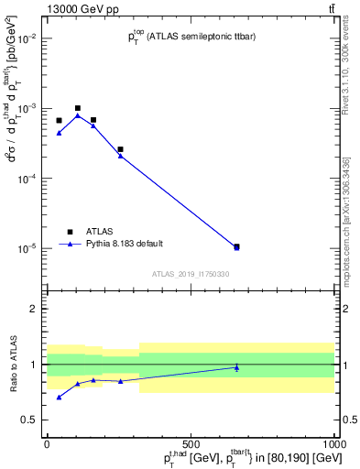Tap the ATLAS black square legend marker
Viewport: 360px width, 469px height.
(x=70, y=232)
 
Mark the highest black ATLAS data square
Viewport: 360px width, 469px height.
(x=78, y=108)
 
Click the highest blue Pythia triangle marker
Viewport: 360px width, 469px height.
(x=78, y=115)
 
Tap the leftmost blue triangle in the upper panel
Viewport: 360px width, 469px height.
(x=59, y=133)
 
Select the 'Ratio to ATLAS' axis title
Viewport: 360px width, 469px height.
(x=14, y=364)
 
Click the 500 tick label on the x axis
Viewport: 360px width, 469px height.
(x=191, y=444)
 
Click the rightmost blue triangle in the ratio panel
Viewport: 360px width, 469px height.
(x=236, y=367)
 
